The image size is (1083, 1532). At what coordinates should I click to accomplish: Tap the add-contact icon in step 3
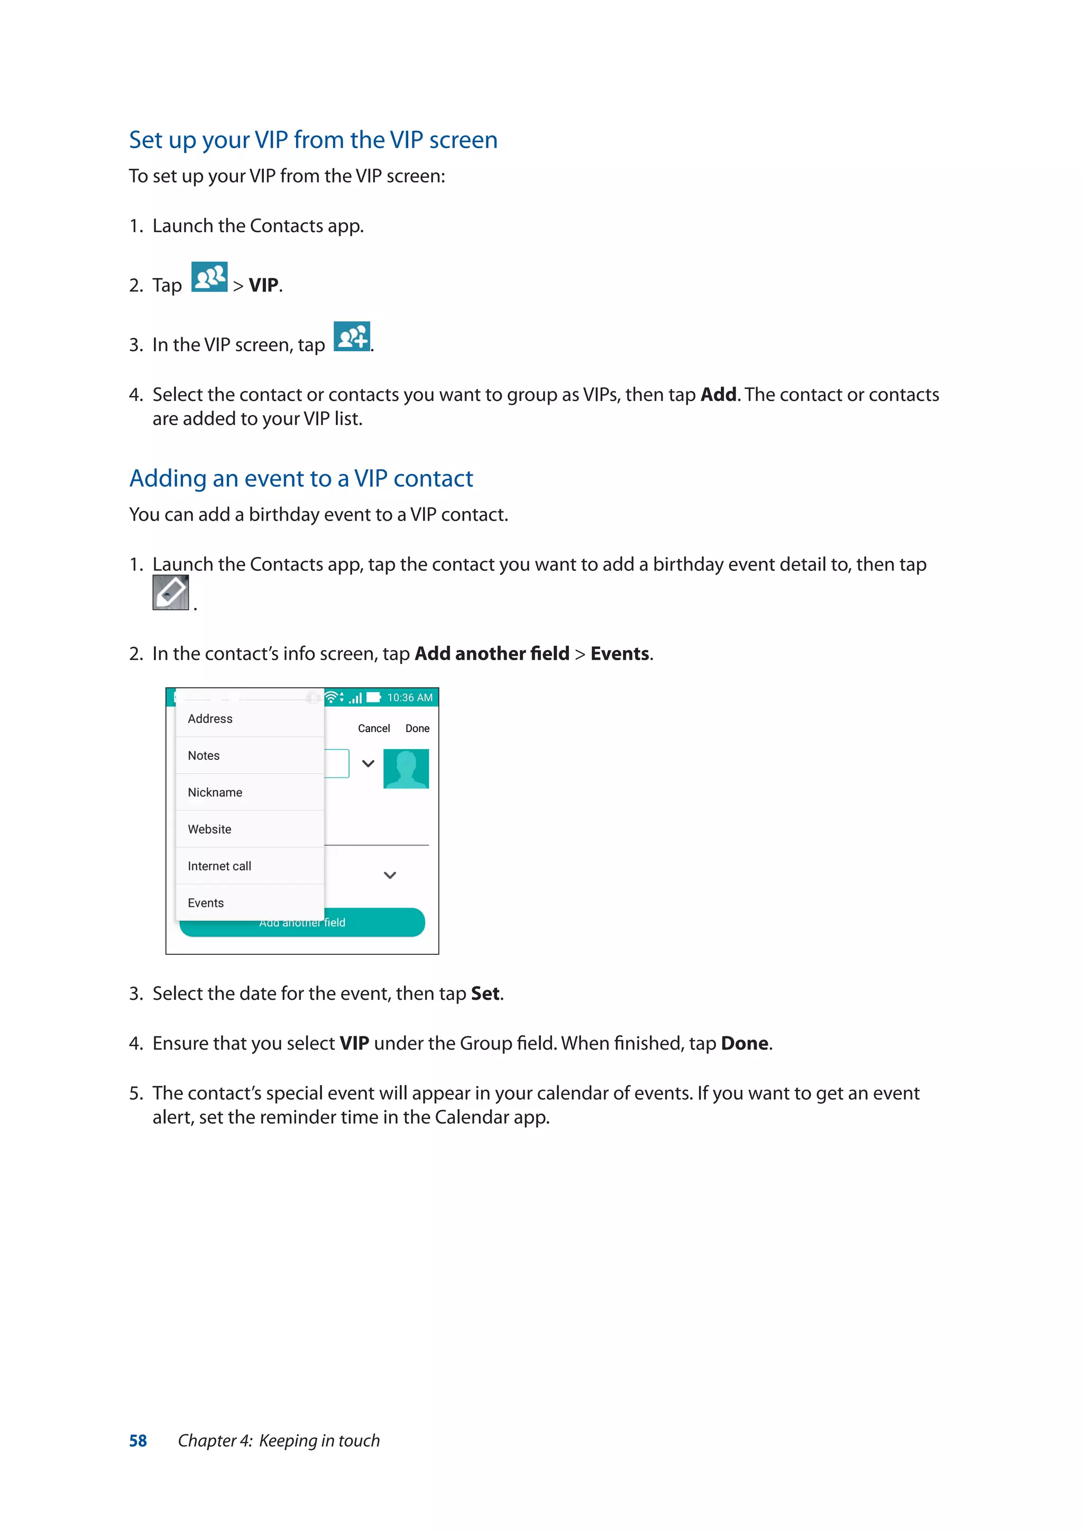click(x=352, y=336)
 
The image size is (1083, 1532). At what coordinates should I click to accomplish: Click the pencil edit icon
click(x=171, y=592)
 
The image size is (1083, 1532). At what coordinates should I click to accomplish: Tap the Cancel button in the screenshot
click(x=373, y=728)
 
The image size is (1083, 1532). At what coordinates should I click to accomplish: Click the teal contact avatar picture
click(x=406, y=768)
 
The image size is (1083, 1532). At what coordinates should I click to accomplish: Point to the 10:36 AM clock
click(x=409, y=697)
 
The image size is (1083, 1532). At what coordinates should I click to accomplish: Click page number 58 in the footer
click(x=138, y=1440)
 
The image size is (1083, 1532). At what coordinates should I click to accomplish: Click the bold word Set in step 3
click(x=485, y=993)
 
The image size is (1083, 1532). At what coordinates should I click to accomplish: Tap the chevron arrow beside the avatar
click(x=368, y=763)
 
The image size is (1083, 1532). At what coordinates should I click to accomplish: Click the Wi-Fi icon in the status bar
click(x=331, y=697)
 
